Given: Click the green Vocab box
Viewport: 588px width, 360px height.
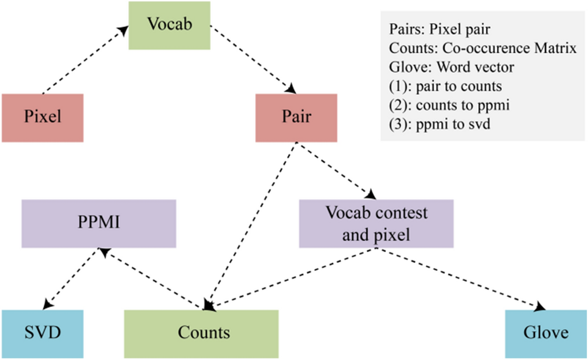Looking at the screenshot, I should [170, 25].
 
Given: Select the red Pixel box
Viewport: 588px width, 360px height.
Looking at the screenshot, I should [42, 117].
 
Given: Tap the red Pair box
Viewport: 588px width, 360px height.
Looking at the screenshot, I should [296, 117].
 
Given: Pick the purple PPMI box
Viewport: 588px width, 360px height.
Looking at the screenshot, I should [99, 223].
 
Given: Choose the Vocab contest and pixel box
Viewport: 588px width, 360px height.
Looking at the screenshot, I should [376, 223].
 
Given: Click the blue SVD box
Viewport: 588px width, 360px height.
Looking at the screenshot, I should [42, 333].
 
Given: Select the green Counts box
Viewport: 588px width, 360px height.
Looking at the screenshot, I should [201, 333].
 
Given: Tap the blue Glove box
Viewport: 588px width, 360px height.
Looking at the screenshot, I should [546, 333].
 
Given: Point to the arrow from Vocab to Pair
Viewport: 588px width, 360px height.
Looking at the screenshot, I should [252, 58].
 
